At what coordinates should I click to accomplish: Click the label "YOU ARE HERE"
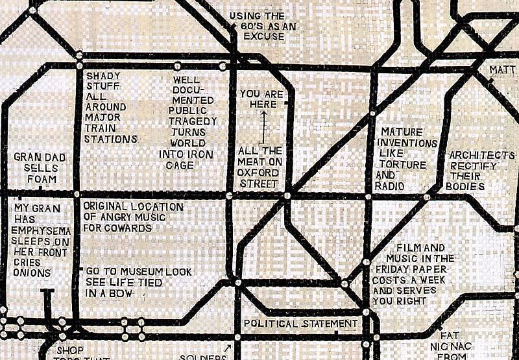click(261, 99)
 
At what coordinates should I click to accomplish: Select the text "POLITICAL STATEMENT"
click(300, 323)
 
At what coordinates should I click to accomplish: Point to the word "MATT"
click(503, 69)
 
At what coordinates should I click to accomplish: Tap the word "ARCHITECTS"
click(482, 156)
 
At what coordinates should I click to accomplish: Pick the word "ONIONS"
click(32, 273)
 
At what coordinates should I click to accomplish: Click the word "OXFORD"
click(258, 173)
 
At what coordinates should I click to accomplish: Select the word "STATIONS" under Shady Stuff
click(111, 139)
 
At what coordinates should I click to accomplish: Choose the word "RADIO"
click(389, 186)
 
